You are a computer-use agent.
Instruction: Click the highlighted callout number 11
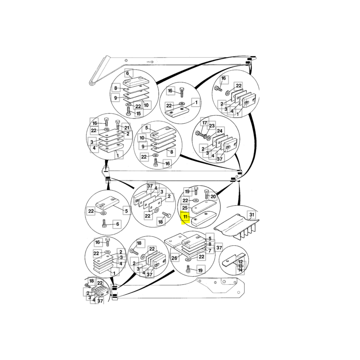click(x=185, y=217)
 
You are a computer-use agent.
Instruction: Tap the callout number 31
click(x=252, y=215)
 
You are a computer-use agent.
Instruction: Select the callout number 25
click(x=185, y=208)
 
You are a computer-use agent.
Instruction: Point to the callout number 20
click(x=213, y=197)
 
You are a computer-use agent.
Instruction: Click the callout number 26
click(x=174, y=258)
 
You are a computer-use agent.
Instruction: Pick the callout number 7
click(x=210, y=251)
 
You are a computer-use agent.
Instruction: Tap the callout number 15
click(x=139, y=114)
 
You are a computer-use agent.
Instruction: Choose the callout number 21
click(x=127, y=128)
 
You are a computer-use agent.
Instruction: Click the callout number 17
click(x=205, y=123)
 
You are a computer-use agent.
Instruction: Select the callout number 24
click(x=220, y=131)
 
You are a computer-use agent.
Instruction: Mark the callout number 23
click(x=211, y=126)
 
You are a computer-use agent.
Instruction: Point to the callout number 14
click(x=240, y=270)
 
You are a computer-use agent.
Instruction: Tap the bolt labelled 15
click(x=128, y=111)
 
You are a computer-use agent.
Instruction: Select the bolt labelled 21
click(x=118, y=124)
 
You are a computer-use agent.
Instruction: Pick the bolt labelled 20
click(x=207, y=194)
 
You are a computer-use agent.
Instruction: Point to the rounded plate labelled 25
click(x=204, y=206)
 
